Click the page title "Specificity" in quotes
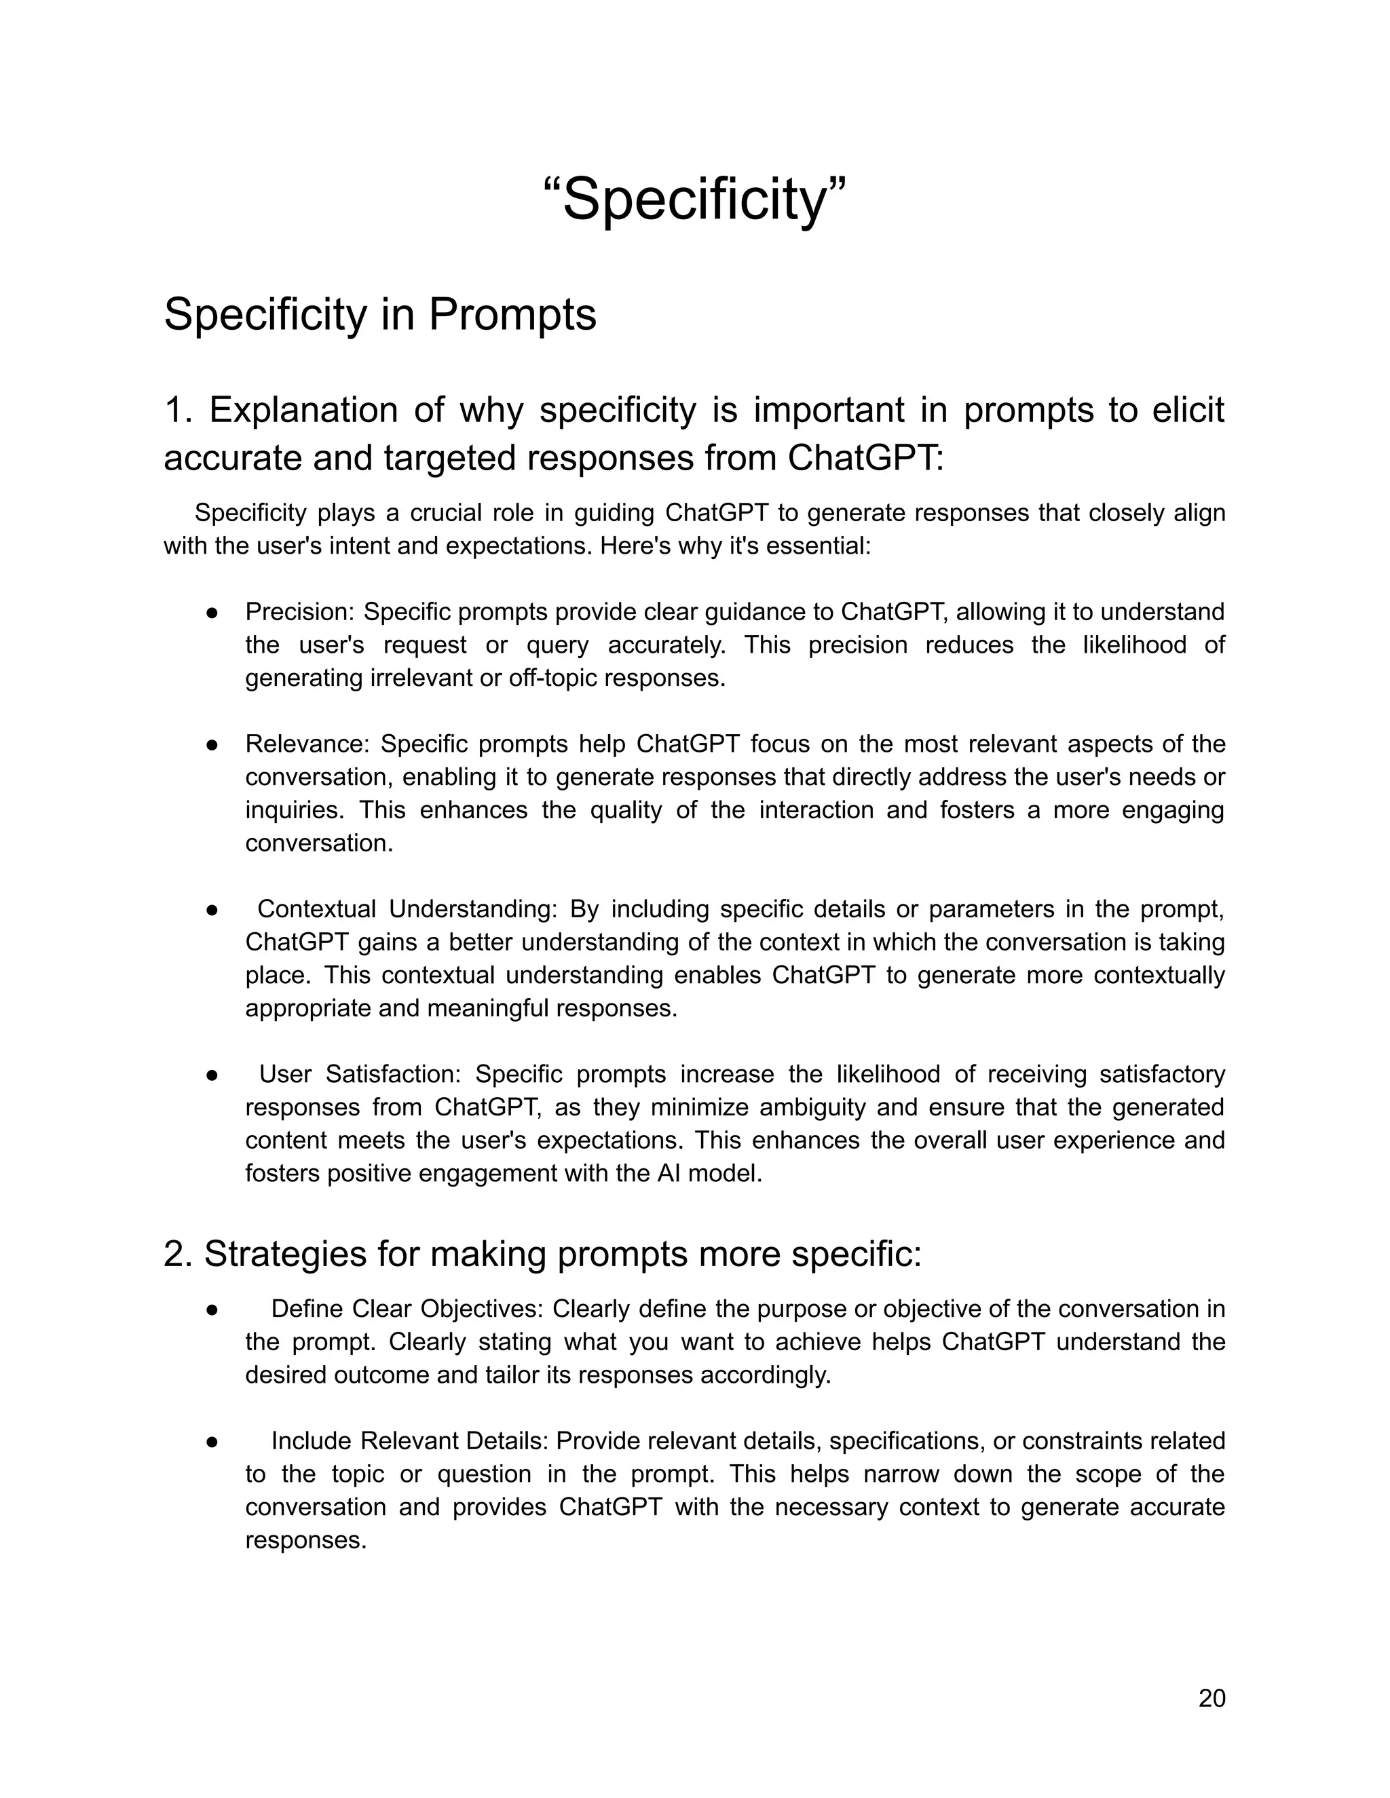694,199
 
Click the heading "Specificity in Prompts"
379,315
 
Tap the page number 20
1211,1698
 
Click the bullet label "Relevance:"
309,744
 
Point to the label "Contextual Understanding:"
408,909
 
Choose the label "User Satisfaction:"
363,1073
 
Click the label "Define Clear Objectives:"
409,1308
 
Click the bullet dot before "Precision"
212,613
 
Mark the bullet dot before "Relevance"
212,744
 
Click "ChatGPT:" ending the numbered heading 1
865,458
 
